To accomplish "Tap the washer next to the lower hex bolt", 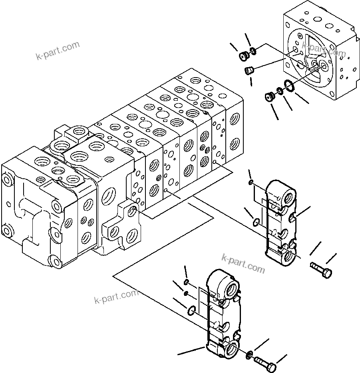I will click(249, 353).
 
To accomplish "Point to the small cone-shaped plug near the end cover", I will click(249, 71).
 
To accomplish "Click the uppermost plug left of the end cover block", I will click(243, 56).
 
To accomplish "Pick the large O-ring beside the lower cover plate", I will click(191, 309).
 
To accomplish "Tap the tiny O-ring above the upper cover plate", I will click(250, 183).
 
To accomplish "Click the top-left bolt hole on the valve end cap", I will click(6, 177).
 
